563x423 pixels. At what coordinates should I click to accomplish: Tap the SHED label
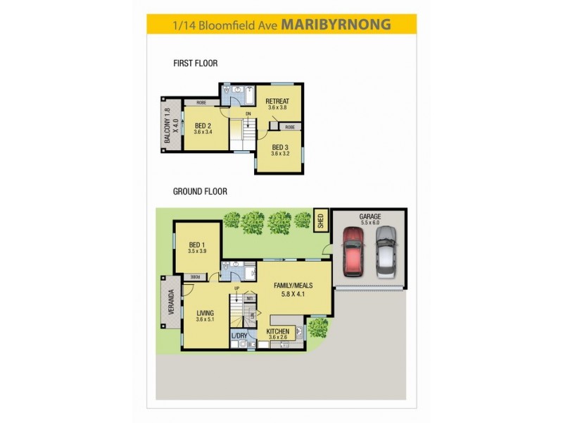(x=320, y=220)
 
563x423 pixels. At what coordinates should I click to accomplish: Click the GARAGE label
(x=369, y=217)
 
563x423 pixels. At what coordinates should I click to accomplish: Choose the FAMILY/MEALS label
(x=293, y=285)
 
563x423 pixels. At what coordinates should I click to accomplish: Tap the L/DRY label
(x=240, y=336)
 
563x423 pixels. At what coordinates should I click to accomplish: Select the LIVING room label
(x=205, y=313)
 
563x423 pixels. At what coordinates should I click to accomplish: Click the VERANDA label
(x=170, y=306)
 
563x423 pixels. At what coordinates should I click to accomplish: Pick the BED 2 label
(x=203, y=127)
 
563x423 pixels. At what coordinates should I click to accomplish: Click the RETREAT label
(x=277, y=102)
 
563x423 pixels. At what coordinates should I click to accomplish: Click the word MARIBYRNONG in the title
(x=336, y=24)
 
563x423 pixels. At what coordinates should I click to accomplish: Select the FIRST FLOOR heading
(x=195, y=63)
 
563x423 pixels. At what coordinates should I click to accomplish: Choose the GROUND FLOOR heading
(x=200, y=191)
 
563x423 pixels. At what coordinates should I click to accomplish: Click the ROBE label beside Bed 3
(x=289, y=127)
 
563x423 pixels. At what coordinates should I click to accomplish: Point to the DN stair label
(x=248, y=114)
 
